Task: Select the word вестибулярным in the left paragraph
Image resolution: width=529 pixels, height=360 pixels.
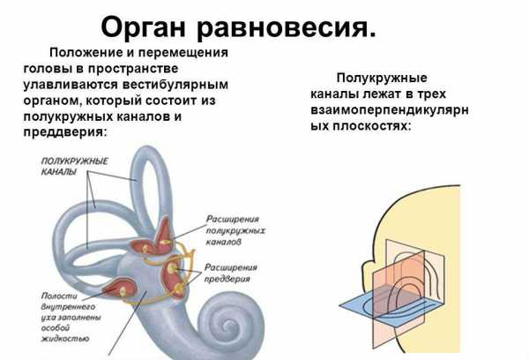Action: point(175,85)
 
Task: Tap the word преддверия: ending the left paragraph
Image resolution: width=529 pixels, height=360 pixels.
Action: point(64,131)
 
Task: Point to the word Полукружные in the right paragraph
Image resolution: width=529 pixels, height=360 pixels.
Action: point(382,78)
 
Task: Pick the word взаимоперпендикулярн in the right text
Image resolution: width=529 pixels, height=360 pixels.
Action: point(390,110)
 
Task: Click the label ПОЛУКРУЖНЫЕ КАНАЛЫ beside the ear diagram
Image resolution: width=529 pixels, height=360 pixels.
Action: point(74,166)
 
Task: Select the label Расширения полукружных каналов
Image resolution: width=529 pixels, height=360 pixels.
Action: point(235,230)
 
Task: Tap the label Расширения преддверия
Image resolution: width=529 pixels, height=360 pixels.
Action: point(231,274)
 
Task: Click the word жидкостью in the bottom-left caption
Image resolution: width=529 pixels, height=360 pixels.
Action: point(65,339)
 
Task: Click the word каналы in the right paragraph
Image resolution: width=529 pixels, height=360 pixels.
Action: point(334,94)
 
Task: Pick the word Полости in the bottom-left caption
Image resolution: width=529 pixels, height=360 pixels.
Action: point(59,296)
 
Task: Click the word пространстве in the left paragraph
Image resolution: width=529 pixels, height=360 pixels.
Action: point(133,69)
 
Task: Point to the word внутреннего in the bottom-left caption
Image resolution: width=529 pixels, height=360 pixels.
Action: point(68,307)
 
